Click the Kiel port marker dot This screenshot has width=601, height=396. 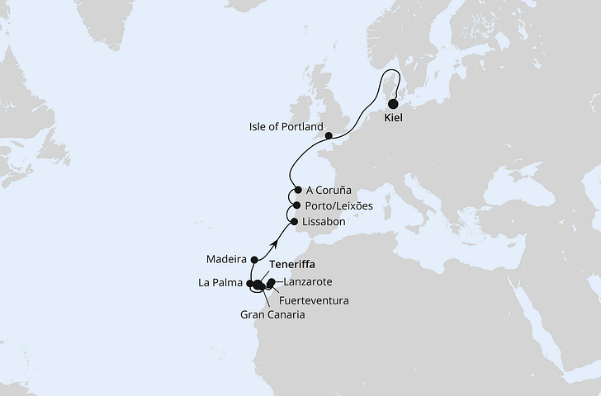pyautogui.click(x=393, y=104)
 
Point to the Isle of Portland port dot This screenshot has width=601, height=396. pyautogui.click(x=329, y=135)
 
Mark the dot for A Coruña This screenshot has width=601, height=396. pyautogui.click(x=298, y=189)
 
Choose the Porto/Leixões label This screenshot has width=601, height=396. pyautogui.click(x=339, y=205)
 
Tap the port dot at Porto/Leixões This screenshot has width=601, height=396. pyautogui.click(x=296, y=205)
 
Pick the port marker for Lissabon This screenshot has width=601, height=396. pyautogui.click(x=294, y=222)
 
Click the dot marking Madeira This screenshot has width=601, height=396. pyautogui.click(x=254, y=260)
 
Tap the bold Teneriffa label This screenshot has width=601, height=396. pyautogui.click(x=293, y=265)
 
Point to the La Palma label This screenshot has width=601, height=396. pyautogui.click(x=220, y=284)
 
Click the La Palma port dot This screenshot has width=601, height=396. pyautogui.click(x=249, y=284)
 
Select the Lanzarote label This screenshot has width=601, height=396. pyautogui.click(x=308, y=282)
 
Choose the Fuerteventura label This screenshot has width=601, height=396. pyautogui.click(x=315, y=299)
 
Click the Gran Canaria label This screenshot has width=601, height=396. pyautogui.click(x=273, y=314)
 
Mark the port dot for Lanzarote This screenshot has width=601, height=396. pyautogui.click(x=272, y=282)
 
